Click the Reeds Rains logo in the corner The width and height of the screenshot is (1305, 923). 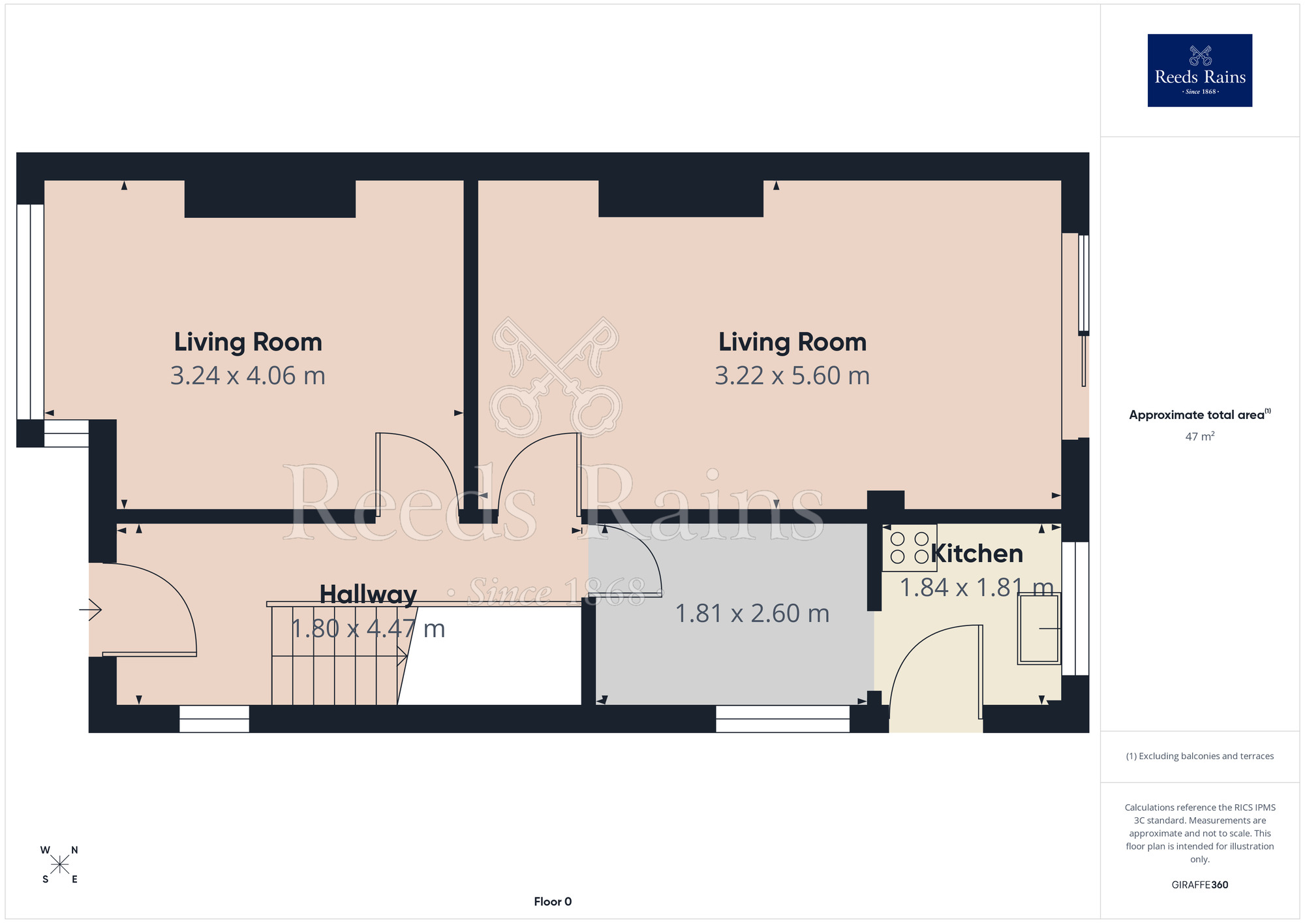pyautogui.click(x=1199, y=70)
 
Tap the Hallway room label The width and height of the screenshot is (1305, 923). pyautogui.click(x=368, y=595)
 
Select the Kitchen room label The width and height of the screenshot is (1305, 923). pyautogui.click(x=977, y=554)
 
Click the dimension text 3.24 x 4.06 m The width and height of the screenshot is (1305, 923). pyautogui.click(x=248, y=376)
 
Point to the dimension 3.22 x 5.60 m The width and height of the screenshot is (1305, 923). pyautogui.click(x=792, y=376)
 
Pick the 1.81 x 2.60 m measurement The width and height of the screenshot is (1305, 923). pyautogui.click(x=752, y=614)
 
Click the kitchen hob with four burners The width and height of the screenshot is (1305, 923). pyautogui.click(x=910, y=548)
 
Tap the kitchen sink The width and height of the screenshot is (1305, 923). pyautogui.click(x=1039, y=629)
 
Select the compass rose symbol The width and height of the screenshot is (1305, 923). pyautogui.click(x=60, y=865)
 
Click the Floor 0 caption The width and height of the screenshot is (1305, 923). pyautogui.click(x=553, y=901)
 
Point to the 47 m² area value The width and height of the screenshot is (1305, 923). pyautogui.click(x=1200, y=436)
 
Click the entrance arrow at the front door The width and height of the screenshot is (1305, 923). pyautogui.click(x=91, y=610)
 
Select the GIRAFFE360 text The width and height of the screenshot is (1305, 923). pyautogui.click(x=1200, y=885)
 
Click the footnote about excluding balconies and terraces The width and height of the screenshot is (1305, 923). pyautogui.click(x=1200, y=756)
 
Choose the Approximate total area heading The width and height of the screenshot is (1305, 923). pyautogui.click(x=1200, y=415)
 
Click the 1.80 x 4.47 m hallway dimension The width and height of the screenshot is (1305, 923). pyautogui.click(x=368, y=629)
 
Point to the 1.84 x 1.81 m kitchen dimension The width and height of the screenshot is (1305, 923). pyautogui.click(x=977, y=587)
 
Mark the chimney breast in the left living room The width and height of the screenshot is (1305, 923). pyautogui.click(x=270, y=198)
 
